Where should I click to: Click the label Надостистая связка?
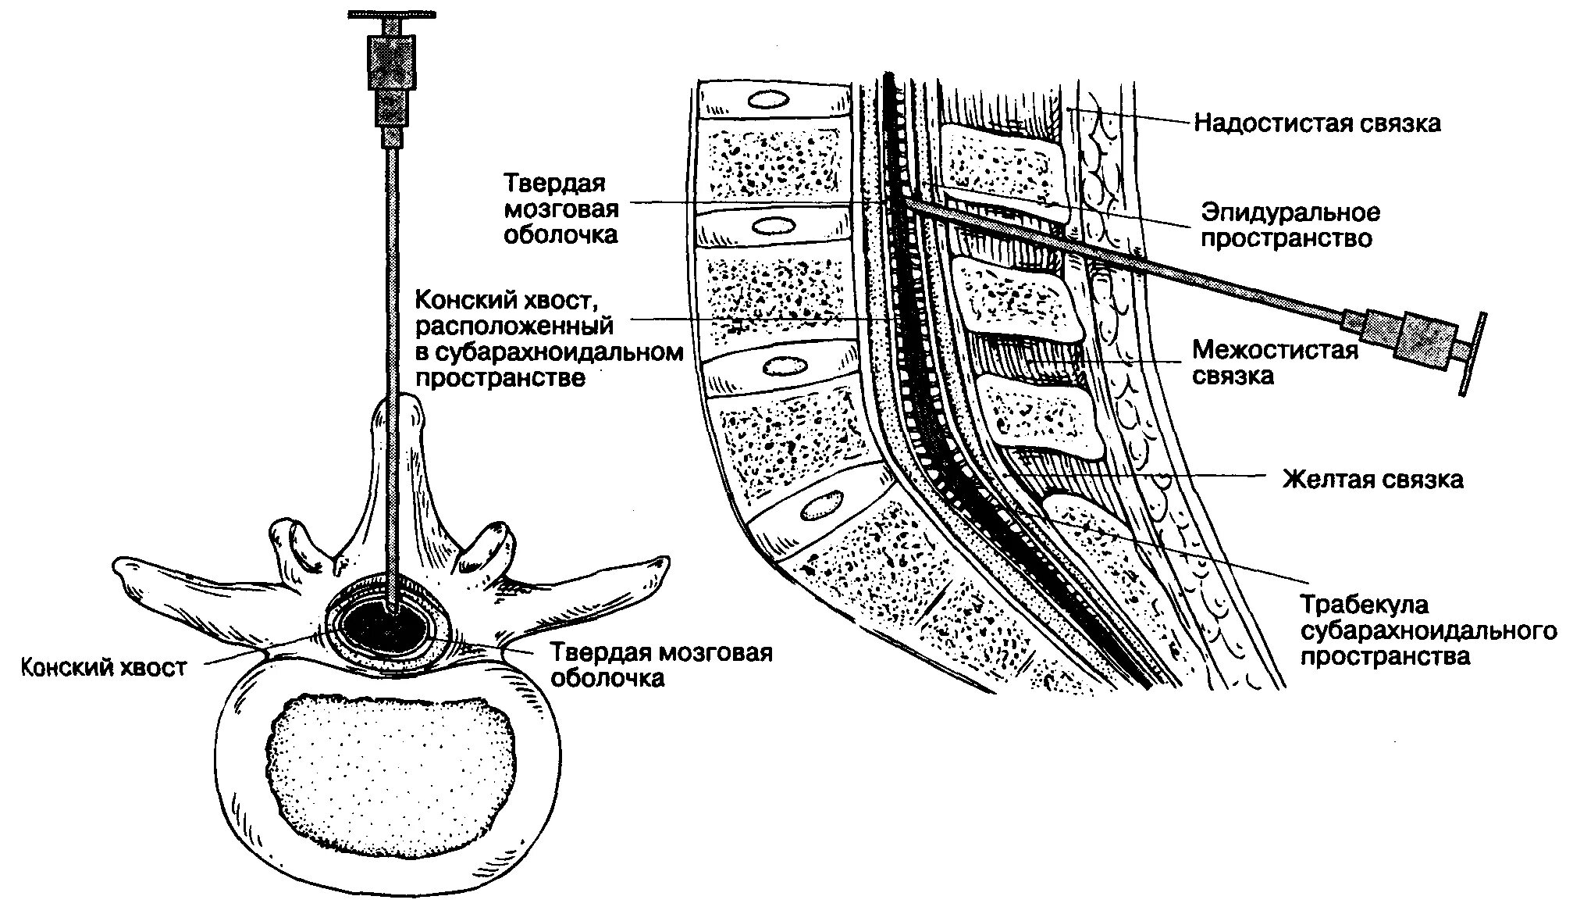[1317, 123]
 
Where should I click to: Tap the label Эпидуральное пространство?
[1290, 225]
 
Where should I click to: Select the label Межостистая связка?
[1275, 362]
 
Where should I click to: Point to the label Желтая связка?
[1372, 479]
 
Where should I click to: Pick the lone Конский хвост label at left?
[104, 667]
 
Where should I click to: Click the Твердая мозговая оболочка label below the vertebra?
[661, 665]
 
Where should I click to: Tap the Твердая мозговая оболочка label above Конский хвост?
[561, 209]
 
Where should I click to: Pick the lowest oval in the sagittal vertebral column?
[819, 506]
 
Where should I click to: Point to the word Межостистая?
[1275, 350]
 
